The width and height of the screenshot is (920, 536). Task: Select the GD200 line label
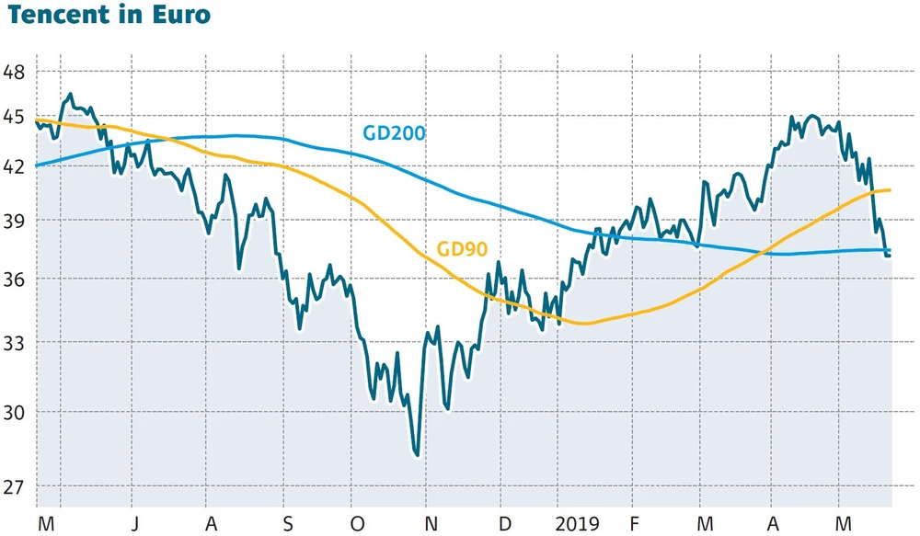click(394, 133)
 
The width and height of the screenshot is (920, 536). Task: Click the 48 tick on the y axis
click(14, 72)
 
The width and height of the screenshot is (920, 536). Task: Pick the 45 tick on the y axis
click(14, 117)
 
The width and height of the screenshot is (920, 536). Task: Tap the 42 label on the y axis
click(14, 167)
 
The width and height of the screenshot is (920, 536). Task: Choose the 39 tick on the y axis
click(14, 221)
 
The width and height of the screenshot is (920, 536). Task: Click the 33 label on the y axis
click(14, 342)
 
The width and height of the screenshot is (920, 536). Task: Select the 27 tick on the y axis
click(14, 486)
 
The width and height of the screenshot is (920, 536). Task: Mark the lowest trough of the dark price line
click(418, 454)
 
